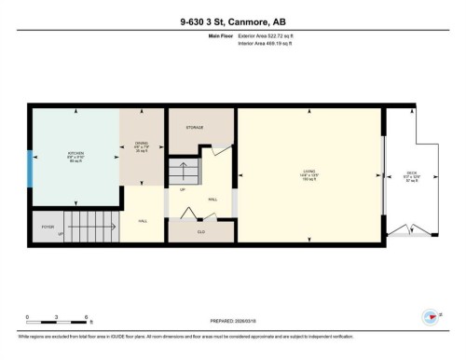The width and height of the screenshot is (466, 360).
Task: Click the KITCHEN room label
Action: pyautogui.click(x=76, y=155)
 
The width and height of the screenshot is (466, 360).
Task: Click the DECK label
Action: pyautogui.click(x=411, y=173)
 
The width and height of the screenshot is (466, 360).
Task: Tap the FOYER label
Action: pyautogui.click(x=48, y=227)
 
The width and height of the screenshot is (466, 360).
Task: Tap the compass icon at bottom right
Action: pyautogui.click(x=432, y=315)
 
